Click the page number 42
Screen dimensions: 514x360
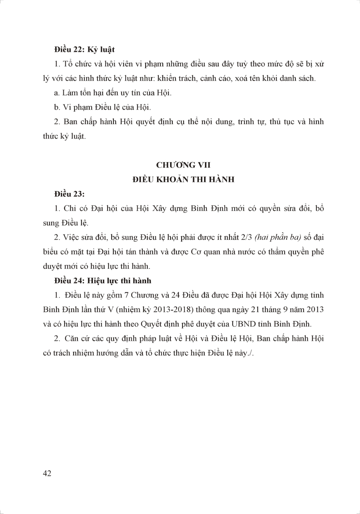(x=47, y=473)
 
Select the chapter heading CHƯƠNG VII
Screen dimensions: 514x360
(x=183, y=165)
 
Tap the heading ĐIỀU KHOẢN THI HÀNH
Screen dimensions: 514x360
(x=183, y=179)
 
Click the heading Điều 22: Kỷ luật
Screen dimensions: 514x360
(x=84, y=49)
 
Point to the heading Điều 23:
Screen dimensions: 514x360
(x=69, y=194)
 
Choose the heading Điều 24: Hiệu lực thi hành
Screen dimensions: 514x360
(x=103, y=281)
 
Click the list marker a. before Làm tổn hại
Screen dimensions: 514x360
(x=57, y=93)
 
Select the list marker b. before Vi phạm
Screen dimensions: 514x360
(x=57, y=107)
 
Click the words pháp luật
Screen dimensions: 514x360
(x=157, y=339)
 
